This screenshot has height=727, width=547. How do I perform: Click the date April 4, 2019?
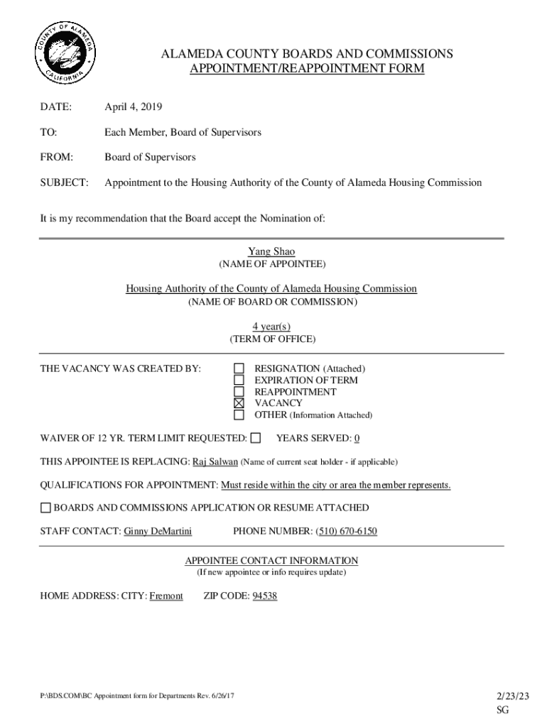click(x=134, y=107)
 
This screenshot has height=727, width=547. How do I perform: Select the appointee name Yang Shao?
click(x=271, y=251)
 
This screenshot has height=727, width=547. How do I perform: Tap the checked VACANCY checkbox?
click(x=239, y=403)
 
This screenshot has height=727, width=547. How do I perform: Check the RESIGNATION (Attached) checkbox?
click(x=239, y=368)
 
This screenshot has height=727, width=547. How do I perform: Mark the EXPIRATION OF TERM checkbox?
click(x=239, y=380)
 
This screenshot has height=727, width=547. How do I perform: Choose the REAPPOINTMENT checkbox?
click(x=239, y=392)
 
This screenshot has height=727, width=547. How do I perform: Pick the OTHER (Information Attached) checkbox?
click(x=239, y=415)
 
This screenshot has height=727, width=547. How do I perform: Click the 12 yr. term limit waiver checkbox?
click(x=256, y=438)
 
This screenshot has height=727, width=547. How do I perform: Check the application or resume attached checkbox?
click(x=45, y=508)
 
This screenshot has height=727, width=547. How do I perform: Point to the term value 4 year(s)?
click(x=271, y=327)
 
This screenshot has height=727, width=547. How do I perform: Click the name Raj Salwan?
click(x=215, y=461)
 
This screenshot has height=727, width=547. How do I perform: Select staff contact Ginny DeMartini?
click(x=158, y=531)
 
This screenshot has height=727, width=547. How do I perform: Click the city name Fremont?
click(x=166, y=596)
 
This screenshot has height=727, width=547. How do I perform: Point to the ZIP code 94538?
click(x=264, y=596)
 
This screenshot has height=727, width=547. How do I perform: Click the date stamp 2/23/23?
click(x=511, y=696)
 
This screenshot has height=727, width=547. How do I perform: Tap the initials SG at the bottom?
click(x=503, y=711)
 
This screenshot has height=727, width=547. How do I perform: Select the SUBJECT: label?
click(x=64, y=182)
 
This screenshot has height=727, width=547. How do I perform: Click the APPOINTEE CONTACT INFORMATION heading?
click(x=271, y=561)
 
